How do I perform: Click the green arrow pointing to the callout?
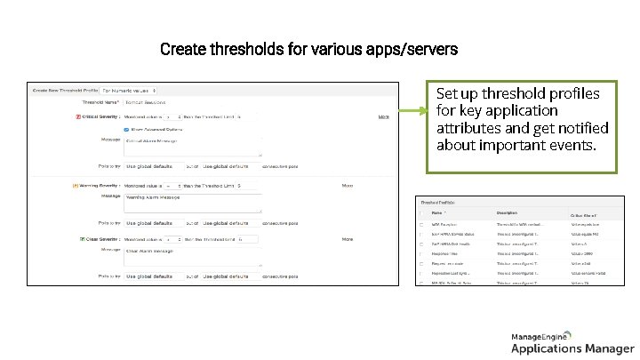click(x=409, y=111)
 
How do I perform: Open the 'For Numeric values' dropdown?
click(x=129, y=90)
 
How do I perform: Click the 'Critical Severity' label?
click(x=102, y=116)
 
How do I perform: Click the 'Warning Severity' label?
click(x=100, y=186)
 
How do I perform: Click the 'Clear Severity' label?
click(x=103, y=239)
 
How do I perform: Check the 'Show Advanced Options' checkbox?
click(x=125, y=129)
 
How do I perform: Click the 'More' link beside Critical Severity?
click(x=384, y=116)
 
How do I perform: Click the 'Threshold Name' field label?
click(x=100, y=103)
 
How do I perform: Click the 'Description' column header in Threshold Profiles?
click(x=507, y=212)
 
